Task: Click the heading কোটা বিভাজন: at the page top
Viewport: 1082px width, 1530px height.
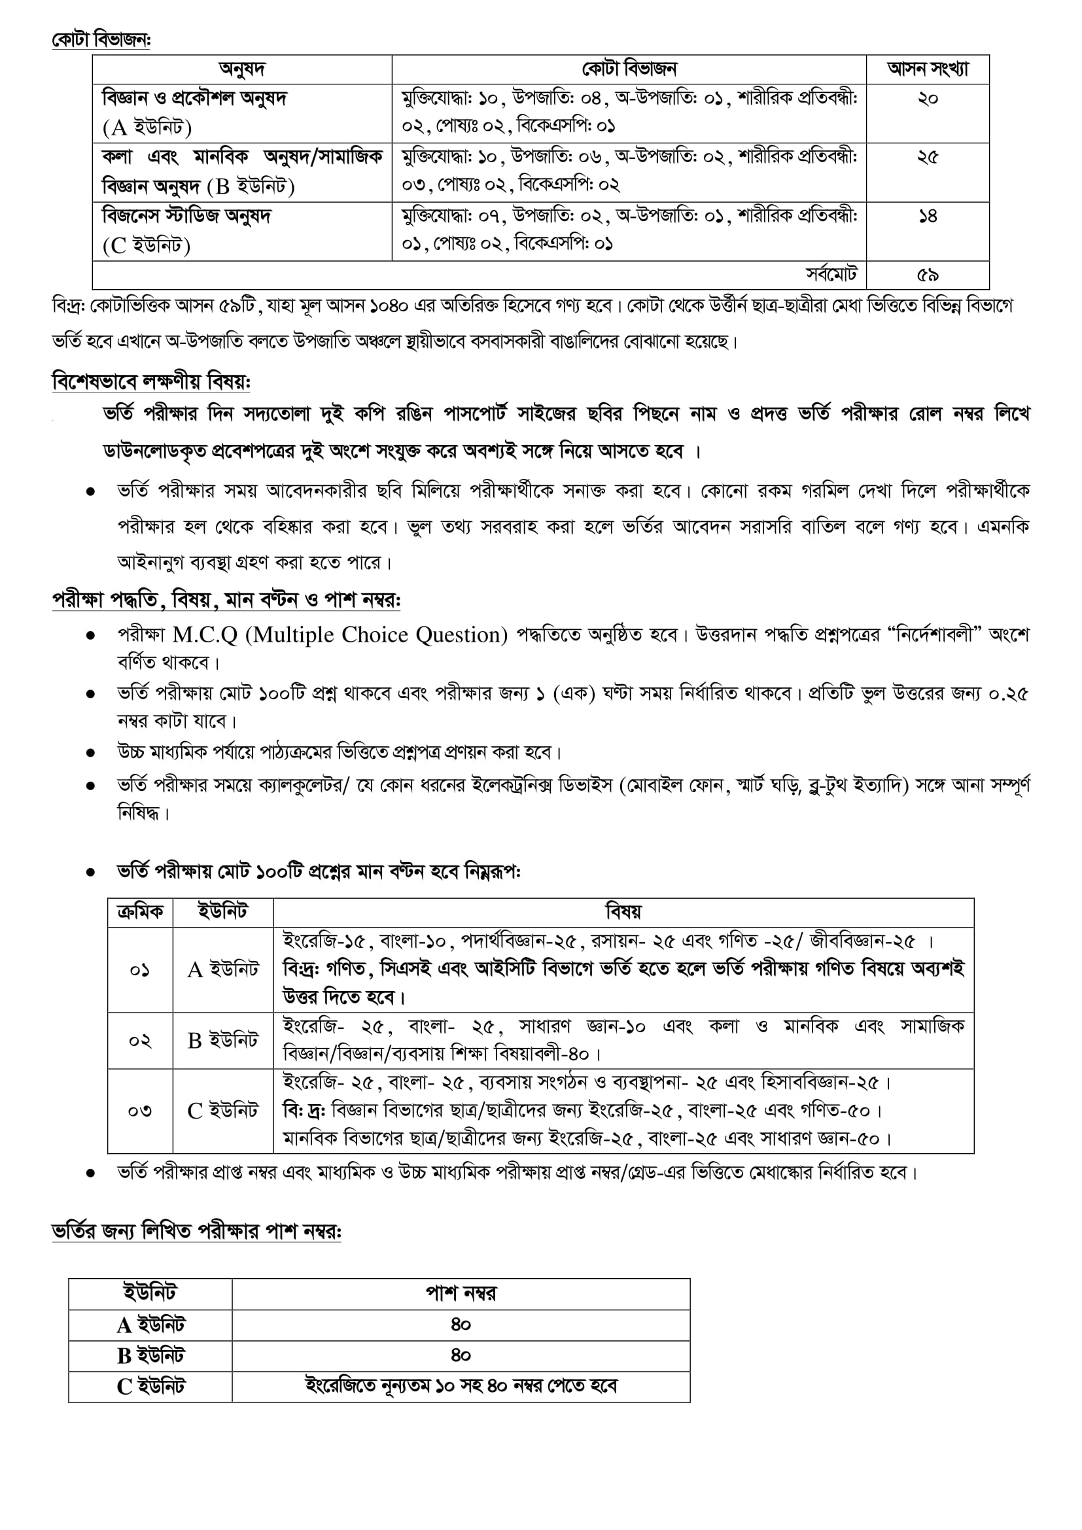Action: coord(101,40)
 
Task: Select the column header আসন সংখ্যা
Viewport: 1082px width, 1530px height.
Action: coord(928,69)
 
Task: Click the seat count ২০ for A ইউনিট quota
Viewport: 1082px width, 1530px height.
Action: coord(928,99)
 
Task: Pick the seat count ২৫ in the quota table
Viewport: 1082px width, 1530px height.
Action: coord(928,157)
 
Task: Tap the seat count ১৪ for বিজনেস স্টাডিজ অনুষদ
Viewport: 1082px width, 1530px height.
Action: coord(928,216)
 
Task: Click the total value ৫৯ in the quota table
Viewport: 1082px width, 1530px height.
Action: coord(928,275)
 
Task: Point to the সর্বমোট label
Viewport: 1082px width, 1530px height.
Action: coord(831,275)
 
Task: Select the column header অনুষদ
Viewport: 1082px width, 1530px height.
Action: coord(242,69)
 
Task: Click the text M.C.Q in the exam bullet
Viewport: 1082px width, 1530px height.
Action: coord(205,635)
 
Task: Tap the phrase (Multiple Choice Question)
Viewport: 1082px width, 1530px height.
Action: coord(377,635)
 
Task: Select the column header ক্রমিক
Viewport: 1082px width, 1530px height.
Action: coord(140,912)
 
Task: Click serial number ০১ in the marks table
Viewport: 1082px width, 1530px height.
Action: coord(140,969)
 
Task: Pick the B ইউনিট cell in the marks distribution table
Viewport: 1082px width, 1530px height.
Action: coord(222,1040)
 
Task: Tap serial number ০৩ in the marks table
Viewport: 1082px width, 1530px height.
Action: coord(140,1111)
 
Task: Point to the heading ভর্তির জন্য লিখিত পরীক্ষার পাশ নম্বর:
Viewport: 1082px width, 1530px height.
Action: coord(196,1232)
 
